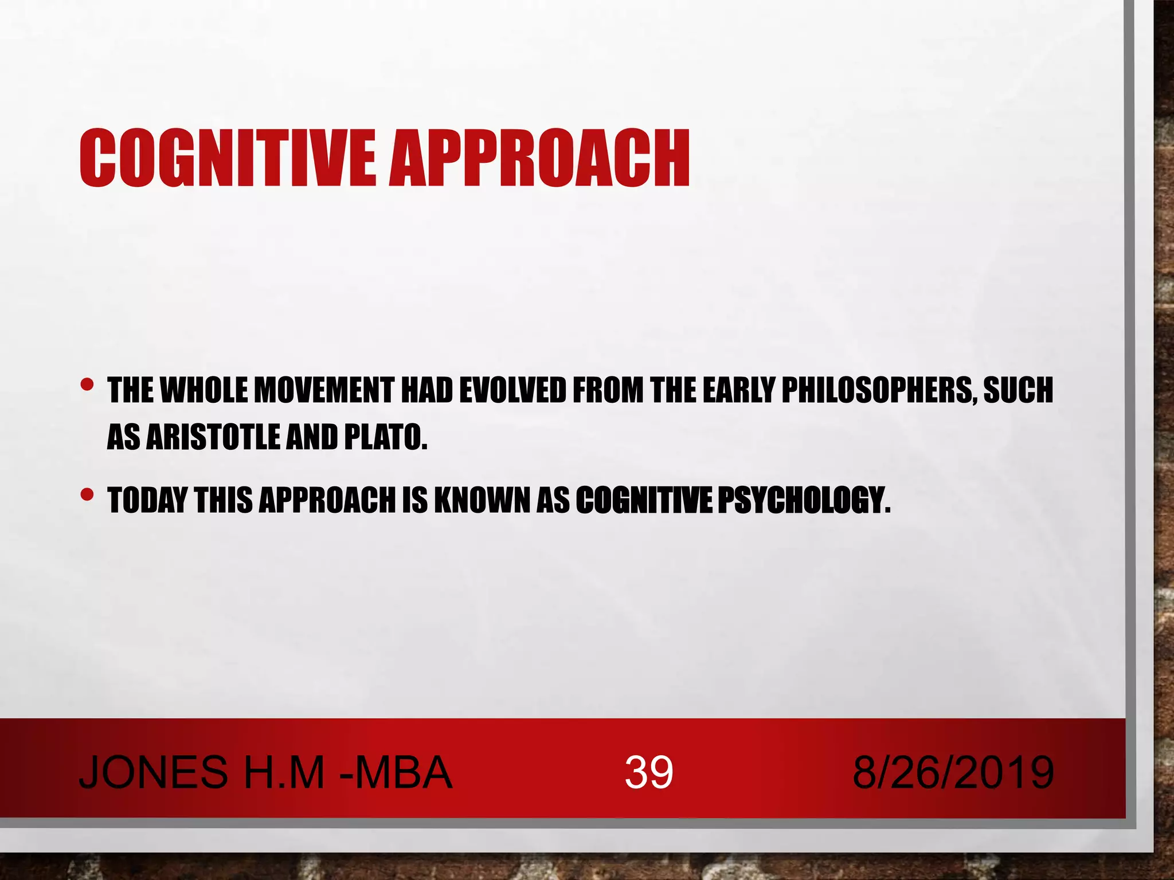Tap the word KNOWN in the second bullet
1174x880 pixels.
click(x=482, y=501)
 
